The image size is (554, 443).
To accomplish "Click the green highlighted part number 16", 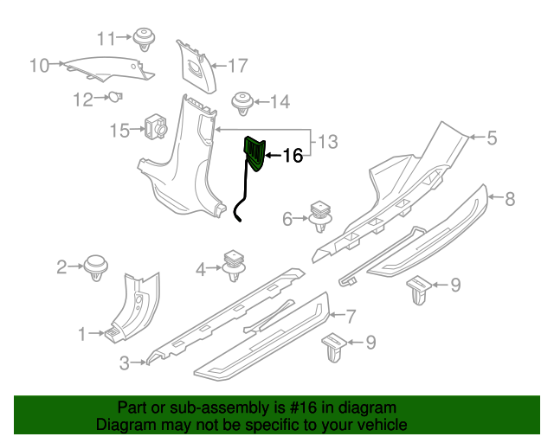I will (x=255, y=152).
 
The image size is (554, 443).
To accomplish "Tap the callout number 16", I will (x=293, y=156).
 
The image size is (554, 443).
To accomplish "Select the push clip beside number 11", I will (x=143, y=38).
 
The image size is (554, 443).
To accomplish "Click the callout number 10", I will (x=39, y=64).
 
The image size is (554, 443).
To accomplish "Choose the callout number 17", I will (x=238, y=64).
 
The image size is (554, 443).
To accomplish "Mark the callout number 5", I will (x=491, y=137).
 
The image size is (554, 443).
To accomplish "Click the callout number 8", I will (x=510, y=199).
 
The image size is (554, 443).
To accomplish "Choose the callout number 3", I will (x=125, y=362).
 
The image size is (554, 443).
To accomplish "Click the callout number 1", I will (x=83, y=333).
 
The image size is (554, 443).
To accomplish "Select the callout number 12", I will (x=82, y=100).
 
